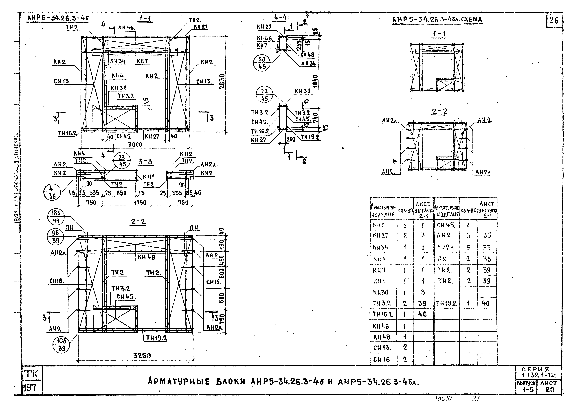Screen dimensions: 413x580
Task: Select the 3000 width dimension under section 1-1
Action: tap(135, 144)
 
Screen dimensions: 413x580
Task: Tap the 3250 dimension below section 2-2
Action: tap(142, 355)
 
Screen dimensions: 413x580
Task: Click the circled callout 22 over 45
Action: tap(264, 95)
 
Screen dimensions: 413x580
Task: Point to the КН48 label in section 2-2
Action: tap(146, 257)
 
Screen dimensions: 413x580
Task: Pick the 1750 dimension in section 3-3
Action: tap(140, 202)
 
